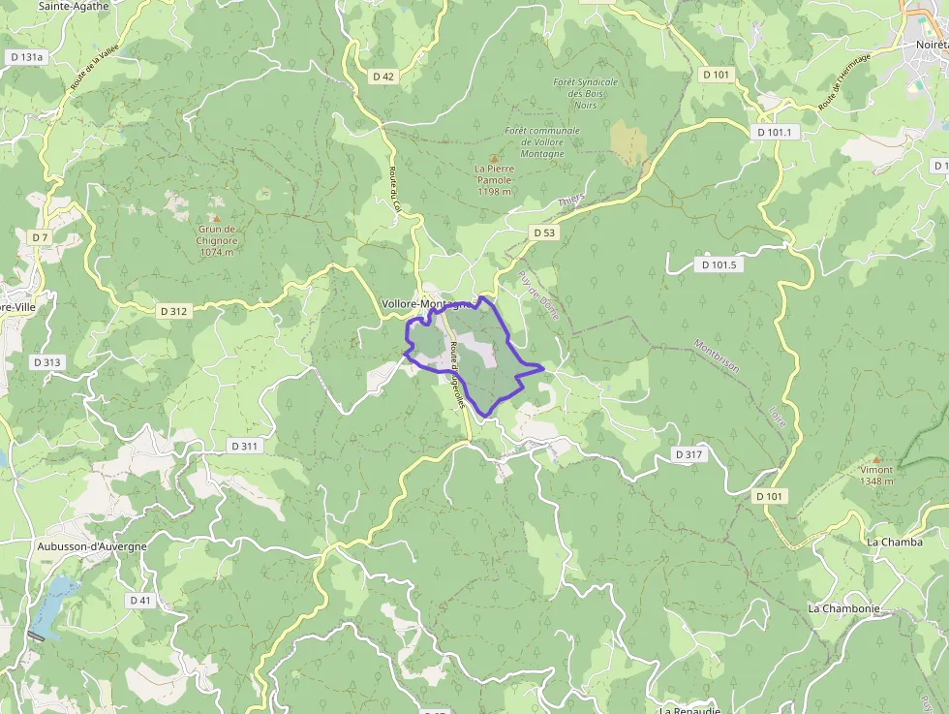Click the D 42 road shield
tap(383, 76)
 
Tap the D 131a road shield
tap(26, 57)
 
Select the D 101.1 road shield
tap(774, 132)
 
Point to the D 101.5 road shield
tap(719, 264)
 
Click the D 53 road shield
tap(544, 233)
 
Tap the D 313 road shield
tap(46, 362)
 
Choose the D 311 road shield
tap(245, 446)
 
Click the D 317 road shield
tap(689, 454)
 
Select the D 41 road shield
tap(140, 600)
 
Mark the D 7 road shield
tap(40, 237)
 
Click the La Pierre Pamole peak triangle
tap(494, 157)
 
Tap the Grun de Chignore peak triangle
tap(217, 218)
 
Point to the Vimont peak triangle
tap(876, 459)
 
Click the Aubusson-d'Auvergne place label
tap(92, 546)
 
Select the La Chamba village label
tap(895, 542)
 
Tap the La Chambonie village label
tap(843, 608)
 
